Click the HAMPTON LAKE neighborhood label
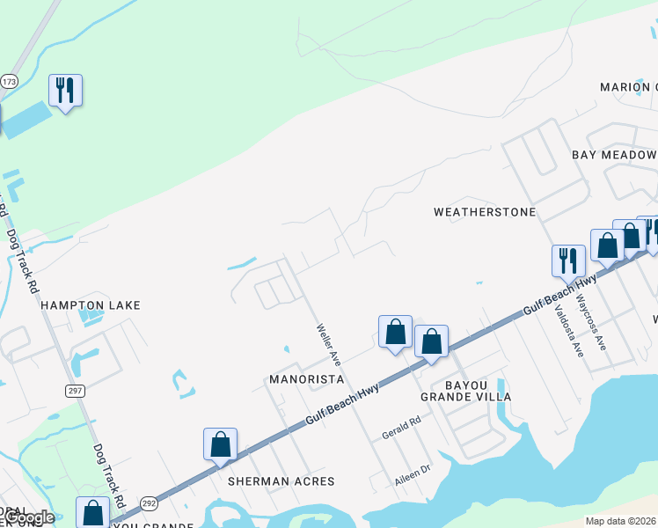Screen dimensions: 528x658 point(91,304)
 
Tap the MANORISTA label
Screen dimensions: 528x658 point(305,378)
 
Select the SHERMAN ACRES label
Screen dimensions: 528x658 point(281,481)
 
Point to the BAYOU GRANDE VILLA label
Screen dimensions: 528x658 point(465,391)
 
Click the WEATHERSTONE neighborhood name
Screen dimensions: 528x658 point(485,212)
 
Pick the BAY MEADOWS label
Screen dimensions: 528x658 point(614,155)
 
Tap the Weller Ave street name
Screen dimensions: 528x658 point(329,344)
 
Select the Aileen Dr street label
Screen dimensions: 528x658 point(412,474)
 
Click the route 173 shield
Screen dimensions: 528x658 point(9,81)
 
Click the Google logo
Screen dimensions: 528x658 point(29,517)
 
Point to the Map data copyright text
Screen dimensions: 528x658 point(621,521)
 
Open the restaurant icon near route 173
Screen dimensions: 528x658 point(65,91)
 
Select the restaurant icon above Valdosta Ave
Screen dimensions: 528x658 point(568,261)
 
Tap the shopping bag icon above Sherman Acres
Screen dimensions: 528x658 point(220,444)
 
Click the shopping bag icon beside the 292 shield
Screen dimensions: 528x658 point(92,513)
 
